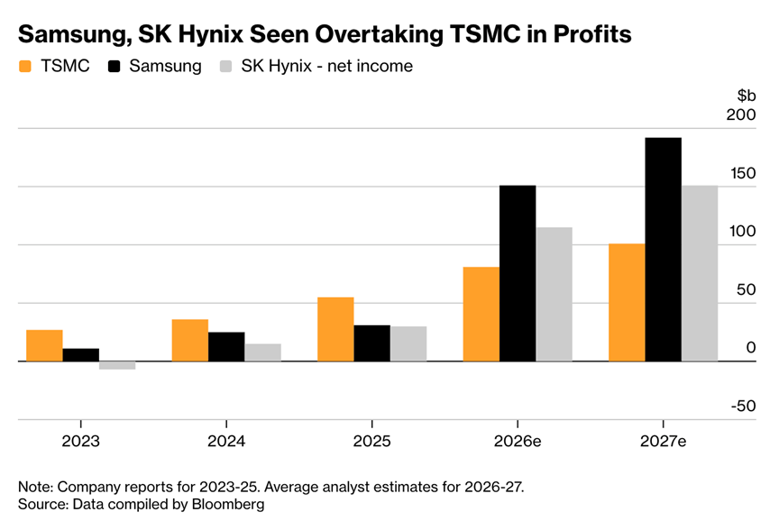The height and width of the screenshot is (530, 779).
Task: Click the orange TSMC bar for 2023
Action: click(44, 345)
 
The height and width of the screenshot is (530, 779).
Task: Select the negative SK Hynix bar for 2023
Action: click(117, 365)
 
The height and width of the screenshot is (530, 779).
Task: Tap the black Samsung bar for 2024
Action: click(226, 346)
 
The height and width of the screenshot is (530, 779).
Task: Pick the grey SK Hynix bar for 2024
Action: click(262, 352)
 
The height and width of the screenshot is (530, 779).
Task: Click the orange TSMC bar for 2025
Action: click(335, 329)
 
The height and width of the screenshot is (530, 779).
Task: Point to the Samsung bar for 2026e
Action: click(518, 273)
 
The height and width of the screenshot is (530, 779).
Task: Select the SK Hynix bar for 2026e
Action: click(554, 294)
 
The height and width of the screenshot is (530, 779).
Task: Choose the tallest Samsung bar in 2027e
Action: click(663, 250)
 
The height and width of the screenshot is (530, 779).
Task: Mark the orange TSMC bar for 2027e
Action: click(627, 302)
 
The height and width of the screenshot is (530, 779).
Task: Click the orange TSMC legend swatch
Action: click(25, 67)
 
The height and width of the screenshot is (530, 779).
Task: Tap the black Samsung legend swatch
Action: click(115, 67)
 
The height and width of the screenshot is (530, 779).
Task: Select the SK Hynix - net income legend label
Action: click(326, 67)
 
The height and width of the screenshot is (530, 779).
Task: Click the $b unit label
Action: click(747, 96)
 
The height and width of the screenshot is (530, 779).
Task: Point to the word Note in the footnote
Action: click(34, 487)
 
